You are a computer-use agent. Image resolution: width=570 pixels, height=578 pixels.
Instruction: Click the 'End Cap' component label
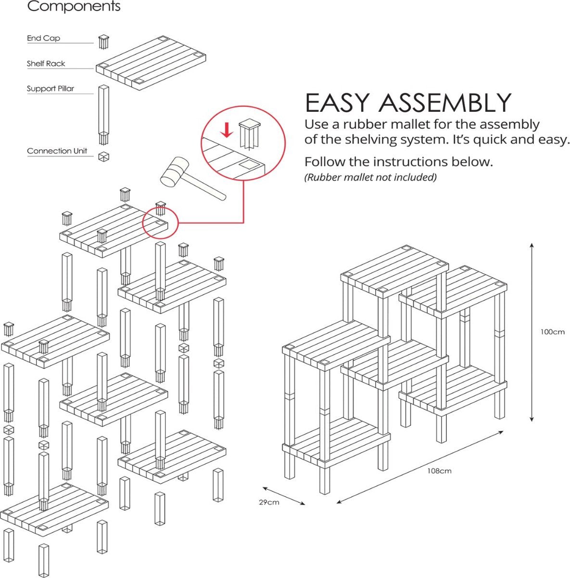[43, 38]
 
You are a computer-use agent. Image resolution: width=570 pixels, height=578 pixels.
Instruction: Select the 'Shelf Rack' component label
[46, 64]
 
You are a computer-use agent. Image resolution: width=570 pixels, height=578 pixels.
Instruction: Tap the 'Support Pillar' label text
[51, 89]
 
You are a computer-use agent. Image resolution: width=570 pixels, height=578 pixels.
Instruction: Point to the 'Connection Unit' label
[57, 151]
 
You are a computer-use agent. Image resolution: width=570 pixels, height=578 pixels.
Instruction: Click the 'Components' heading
[74, 7]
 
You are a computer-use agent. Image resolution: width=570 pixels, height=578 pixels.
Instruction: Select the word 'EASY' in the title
[337, 103]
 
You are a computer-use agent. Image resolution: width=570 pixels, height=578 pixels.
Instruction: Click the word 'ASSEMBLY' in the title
[444, 103]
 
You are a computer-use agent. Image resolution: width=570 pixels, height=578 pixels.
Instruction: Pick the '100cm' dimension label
[552, 332]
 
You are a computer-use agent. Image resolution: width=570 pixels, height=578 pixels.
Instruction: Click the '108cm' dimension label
[439, 471]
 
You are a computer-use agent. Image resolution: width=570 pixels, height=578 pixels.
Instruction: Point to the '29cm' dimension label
[269, 502]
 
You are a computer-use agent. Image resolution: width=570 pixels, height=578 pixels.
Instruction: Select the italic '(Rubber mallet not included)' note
[370, 177]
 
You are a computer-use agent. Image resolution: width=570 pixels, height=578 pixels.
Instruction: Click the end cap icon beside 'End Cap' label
[104, 41]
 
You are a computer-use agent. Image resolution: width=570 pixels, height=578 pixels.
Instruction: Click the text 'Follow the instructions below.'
[398, 161]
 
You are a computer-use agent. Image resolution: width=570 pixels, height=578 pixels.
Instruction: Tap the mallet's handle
[206, 188]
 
